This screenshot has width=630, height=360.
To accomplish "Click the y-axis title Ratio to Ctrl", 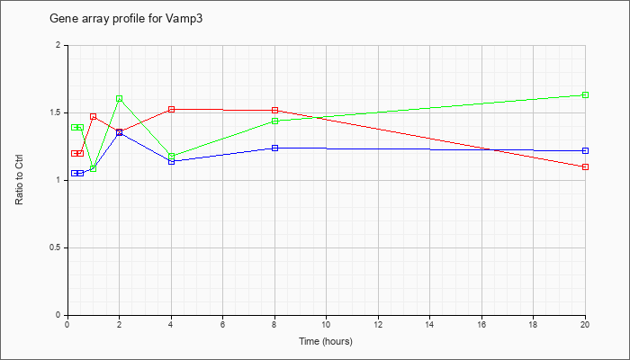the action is (x=19, y=180).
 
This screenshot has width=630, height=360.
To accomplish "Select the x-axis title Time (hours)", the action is (x=326, y=341).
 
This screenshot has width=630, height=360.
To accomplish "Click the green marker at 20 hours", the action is (x=585, y=94).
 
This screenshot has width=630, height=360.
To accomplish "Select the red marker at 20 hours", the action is (x=585, y=166).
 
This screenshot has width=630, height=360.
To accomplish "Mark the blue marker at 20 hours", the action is (x=585, y=150).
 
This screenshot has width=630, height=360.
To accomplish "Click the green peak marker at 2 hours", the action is (x=120, y=98).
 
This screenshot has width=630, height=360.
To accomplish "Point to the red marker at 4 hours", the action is (x=172, y=109).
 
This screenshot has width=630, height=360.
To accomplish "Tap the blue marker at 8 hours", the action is (x=274, y=148).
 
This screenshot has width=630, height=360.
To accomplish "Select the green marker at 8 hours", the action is (x=274, y=121).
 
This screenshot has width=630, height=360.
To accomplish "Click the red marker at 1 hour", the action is (x=94, y=116).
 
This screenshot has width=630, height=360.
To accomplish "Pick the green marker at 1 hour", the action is (x=94, y=168).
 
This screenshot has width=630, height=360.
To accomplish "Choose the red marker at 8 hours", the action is (x=274, y=110).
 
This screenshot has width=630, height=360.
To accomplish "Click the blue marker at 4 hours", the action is (x=172, y=161).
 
